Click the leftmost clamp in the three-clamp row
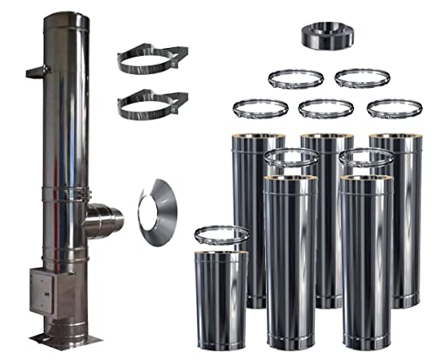tap(260, 108)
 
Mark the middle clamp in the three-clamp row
tap(324, 109)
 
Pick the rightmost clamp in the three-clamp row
tap(389, 108)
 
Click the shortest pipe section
tap(221, 300)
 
